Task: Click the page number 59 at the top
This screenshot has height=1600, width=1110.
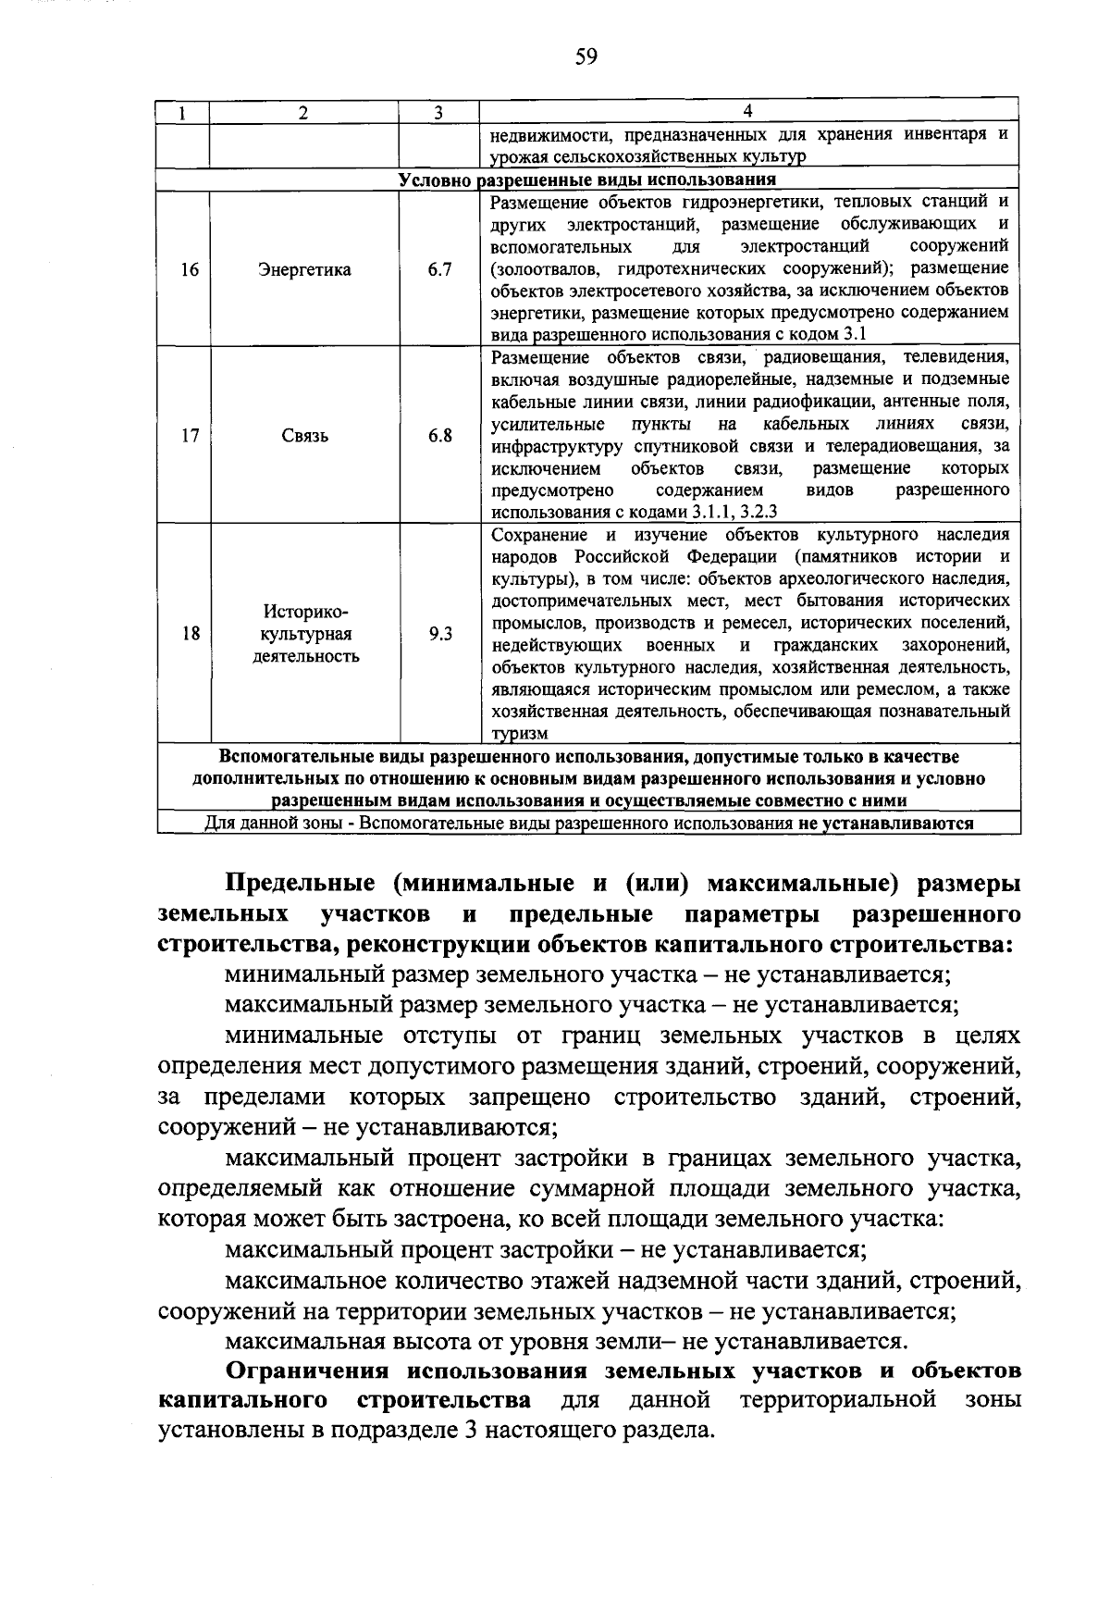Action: (586, 57)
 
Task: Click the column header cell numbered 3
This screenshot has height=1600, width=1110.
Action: (438, 112)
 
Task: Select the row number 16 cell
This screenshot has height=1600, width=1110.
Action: (190, 270)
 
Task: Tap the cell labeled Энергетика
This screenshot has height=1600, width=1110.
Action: (304, 270)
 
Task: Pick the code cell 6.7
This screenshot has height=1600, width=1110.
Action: (439, 270)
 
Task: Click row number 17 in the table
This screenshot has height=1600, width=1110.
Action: (190, 436)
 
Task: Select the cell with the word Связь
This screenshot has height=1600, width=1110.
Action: (304, 436)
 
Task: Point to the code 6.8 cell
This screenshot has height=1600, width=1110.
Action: (439, 436)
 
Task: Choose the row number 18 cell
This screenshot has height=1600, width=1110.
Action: (190, 634)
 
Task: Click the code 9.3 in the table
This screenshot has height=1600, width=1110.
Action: (439, 634)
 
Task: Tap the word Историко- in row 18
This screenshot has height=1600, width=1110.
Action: (305, 612)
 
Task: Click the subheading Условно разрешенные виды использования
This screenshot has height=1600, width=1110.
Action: (586, 180)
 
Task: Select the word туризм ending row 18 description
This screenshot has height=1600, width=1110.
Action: (519, 734)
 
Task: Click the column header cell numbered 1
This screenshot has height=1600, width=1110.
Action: (183, 112)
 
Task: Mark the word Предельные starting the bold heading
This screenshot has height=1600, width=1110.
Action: (301, 884)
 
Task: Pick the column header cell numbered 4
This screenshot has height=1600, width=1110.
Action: (747, 111)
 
